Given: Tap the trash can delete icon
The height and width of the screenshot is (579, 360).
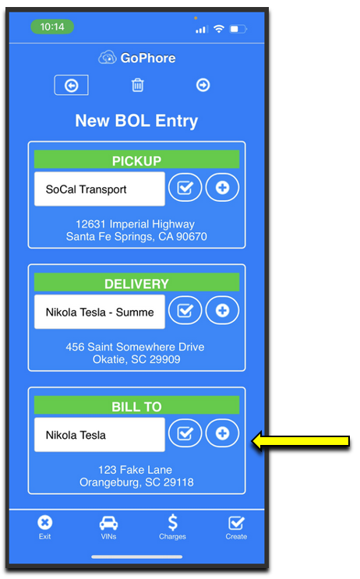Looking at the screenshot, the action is click(138, 85).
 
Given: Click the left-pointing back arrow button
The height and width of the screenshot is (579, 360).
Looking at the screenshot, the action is click(71, 85).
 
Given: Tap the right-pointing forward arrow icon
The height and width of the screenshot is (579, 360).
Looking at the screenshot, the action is click(203, 85).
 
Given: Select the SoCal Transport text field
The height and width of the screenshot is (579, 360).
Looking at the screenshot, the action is click(100, 189).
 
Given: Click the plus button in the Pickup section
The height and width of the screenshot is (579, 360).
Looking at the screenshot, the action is click(222, 188).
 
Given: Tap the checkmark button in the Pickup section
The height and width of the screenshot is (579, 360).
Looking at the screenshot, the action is click(185, 188).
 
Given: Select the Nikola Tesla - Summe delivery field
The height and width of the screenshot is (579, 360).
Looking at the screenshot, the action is click(100, 312).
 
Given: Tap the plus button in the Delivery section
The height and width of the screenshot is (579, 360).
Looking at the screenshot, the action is click(222, 311).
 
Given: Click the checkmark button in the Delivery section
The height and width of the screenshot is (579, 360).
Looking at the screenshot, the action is click(185, 311).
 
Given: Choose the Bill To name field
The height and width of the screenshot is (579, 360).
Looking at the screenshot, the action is click(100, 435).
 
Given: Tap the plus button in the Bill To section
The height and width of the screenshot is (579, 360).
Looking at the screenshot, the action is click(222, 433).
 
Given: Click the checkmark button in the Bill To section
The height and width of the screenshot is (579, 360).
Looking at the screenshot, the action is click(185, 433).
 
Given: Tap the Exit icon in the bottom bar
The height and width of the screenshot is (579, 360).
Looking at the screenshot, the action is click(45, 523).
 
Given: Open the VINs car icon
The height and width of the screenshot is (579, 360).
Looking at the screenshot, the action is click(108, 523).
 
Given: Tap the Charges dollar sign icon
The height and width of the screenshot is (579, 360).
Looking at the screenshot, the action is click(172, 523).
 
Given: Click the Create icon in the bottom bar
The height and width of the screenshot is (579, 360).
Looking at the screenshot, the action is click(236, 523).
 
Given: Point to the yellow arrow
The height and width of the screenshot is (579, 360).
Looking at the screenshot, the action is click(300, 441).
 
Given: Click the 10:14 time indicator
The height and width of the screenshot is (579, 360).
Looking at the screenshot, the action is click(52, 27).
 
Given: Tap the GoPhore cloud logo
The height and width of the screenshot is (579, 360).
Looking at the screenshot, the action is click(107, 58).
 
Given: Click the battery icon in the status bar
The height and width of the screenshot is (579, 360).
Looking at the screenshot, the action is click(238, 29).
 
